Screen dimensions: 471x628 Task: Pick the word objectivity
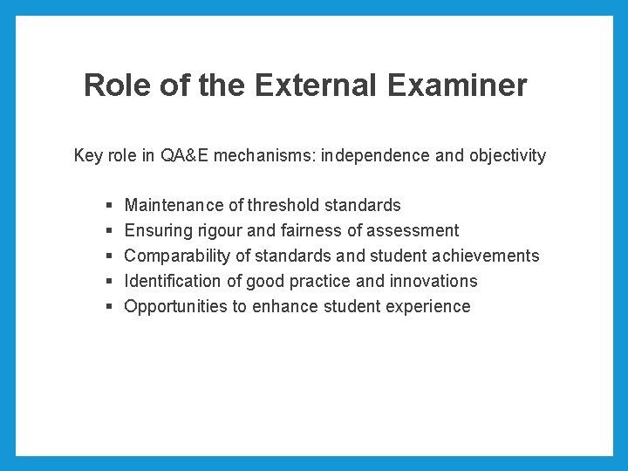[508, 156]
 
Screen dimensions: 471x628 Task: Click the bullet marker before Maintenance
[108, 206]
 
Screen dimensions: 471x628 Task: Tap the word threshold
[283, 206]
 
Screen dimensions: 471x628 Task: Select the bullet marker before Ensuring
[108, 231]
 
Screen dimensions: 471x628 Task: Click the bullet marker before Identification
[108, 282]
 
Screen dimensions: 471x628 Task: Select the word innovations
[434, 282]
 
